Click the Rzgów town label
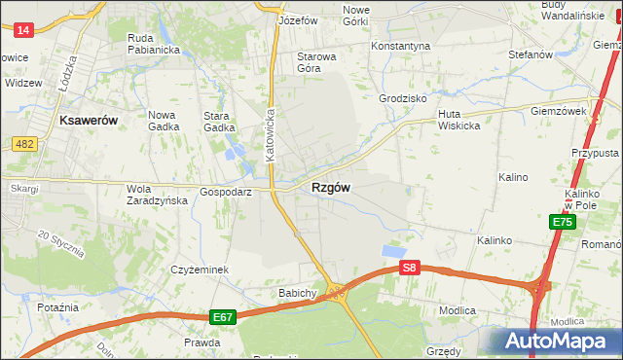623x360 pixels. (331, 188)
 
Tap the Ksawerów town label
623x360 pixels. (88, 120)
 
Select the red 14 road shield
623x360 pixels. (24, 30)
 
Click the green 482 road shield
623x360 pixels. (26, 144)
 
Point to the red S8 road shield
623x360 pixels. (410, 268)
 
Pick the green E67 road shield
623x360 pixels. (222, 317)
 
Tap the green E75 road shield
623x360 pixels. (562, 222)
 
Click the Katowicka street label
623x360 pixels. (272, 133)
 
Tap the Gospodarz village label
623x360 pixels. (226, 193)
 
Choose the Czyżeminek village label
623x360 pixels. (199, 270)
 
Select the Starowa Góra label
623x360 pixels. (316, 62)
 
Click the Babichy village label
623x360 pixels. (298, 293)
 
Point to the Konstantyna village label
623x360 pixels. (400, 46)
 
